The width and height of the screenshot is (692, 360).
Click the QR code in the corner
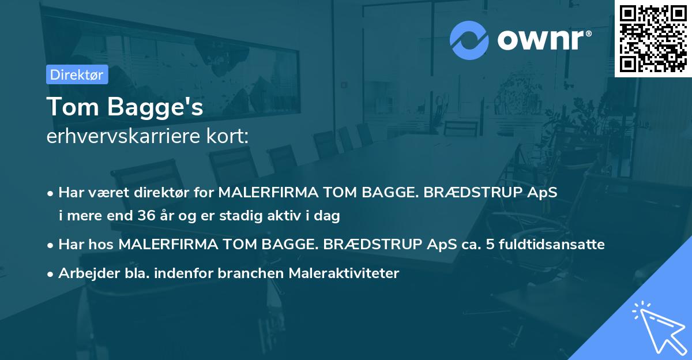click(653, 38)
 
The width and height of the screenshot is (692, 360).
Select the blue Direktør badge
click(77, 74)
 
